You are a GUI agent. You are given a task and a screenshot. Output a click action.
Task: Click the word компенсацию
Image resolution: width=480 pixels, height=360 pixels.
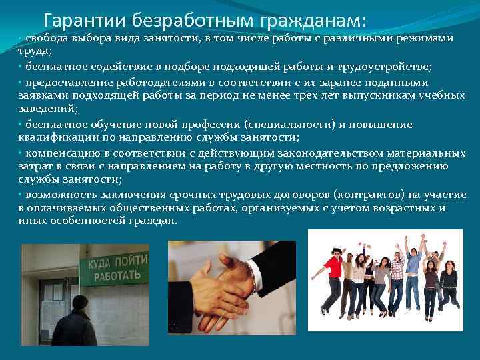pyautogui.click(x=60, y=151)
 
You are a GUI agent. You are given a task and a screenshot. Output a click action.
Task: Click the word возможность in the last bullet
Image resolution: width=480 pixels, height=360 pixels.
pyautogui.click(x=60, y=194)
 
